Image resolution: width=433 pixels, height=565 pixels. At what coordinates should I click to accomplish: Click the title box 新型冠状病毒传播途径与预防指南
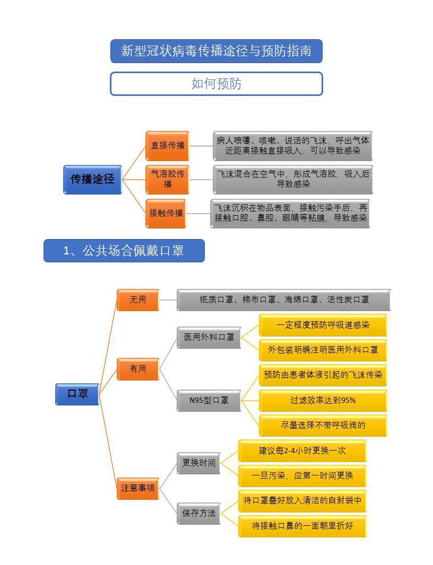click(216, 51)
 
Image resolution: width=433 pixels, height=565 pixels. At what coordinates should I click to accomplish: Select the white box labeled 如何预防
click(216, 84)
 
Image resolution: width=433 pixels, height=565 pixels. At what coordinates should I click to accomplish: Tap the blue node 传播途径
click(92, 179)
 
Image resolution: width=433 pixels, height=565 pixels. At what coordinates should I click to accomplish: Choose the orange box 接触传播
click(166, 213)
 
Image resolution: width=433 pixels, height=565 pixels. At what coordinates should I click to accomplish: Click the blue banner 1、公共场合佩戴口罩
click(124, 251)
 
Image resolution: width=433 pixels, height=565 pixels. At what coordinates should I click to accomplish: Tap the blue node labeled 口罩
click(77, 394)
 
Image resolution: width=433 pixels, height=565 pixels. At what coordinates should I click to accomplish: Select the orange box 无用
click(138, 299)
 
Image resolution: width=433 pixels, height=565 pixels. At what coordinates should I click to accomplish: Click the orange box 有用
click(138, 368)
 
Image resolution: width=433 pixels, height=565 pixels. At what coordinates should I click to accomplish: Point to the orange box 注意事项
click(138, 488)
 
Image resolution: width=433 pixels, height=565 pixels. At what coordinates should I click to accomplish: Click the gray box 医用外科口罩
click(209, 338)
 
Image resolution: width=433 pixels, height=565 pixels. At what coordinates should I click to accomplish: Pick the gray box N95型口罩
click(209, 401)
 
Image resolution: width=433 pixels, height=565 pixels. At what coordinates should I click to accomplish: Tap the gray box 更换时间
click(198, 463)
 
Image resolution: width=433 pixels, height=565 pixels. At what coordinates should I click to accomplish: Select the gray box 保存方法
click(198, 513)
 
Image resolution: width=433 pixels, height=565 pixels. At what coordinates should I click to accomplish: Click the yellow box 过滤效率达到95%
click(323, 400)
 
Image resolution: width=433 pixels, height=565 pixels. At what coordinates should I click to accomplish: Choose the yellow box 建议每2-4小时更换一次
click(302, 451)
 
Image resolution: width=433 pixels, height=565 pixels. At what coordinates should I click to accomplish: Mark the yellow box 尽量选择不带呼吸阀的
click(323, 425)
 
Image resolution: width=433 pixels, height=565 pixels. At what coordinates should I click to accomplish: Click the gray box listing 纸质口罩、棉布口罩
click(284, 299)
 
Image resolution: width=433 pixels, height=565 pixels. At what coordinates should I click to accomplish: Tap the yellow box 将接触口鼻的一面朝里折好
click(302, 526)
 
